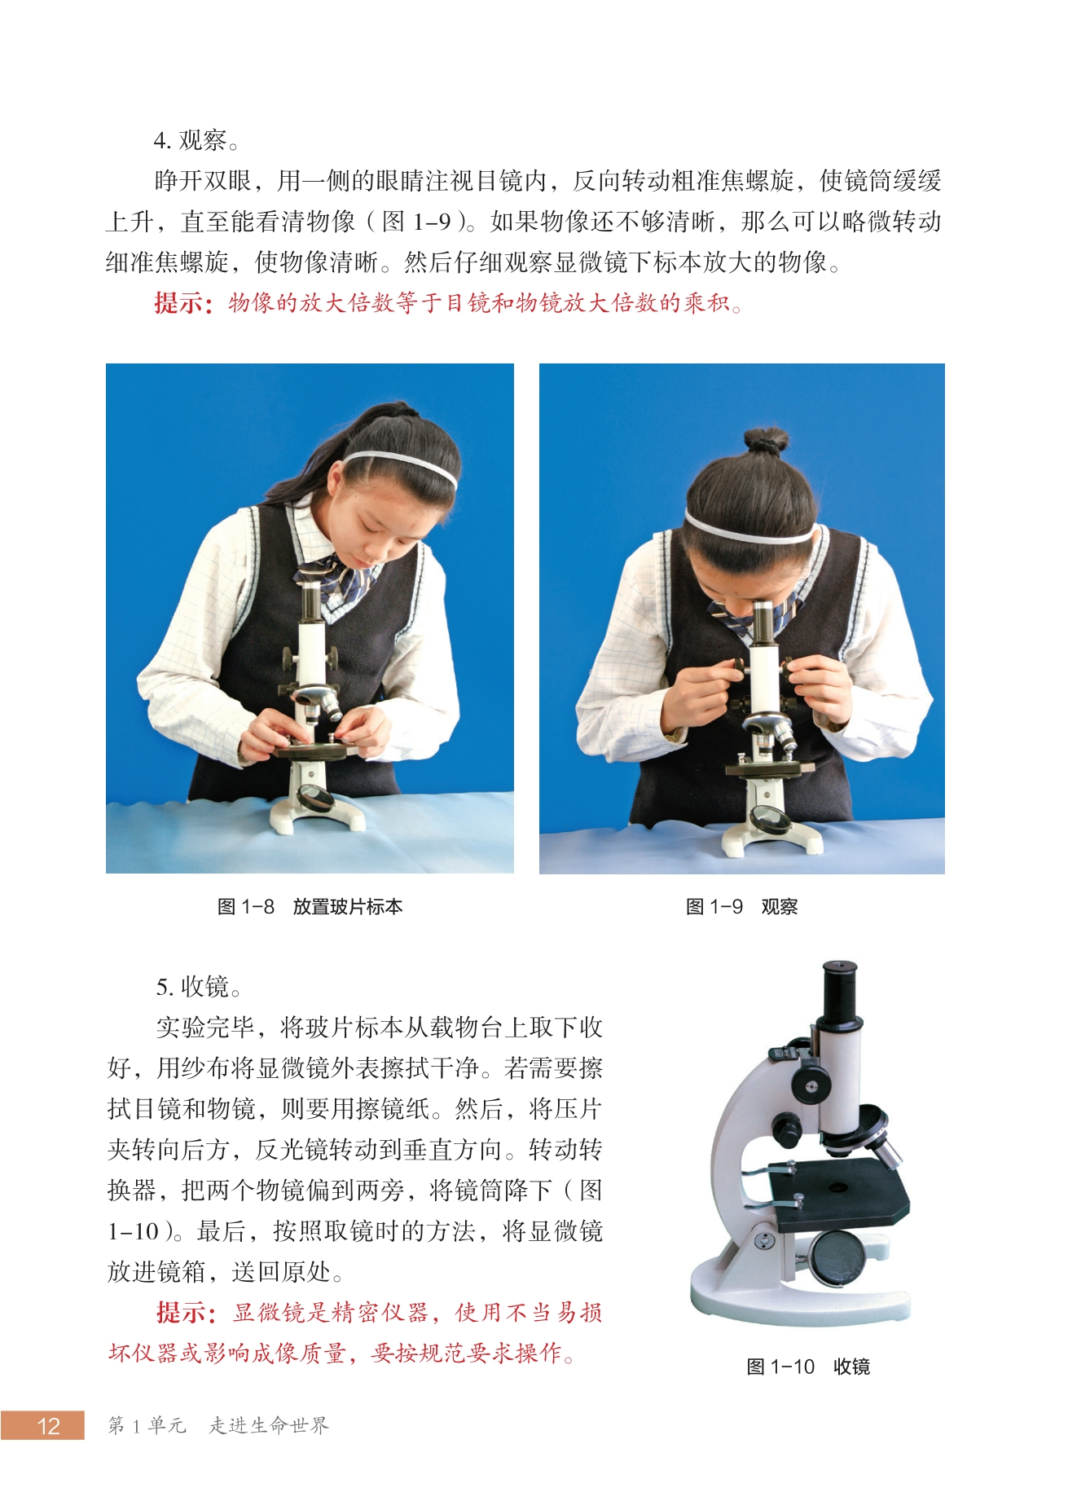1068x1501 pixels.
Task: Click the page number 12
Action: point(49,1425)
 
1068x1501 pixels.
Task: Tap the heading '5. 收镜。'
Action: point(200,987)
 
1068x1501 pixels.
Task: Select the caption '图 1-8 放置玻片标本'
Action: point(310,906)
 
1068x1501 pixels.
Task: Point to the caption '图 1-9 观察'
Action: point(742,906)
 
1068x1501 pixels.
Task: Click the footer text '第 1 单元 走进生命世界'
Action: point(218,1425)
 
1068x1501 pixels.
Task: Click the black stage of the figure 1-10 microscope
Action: point(839,1195)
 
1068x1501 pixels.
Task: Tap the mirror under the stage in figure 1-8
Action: point(315,797)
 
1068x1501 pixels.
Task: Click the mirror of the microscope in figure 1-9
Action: point(769,818)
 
